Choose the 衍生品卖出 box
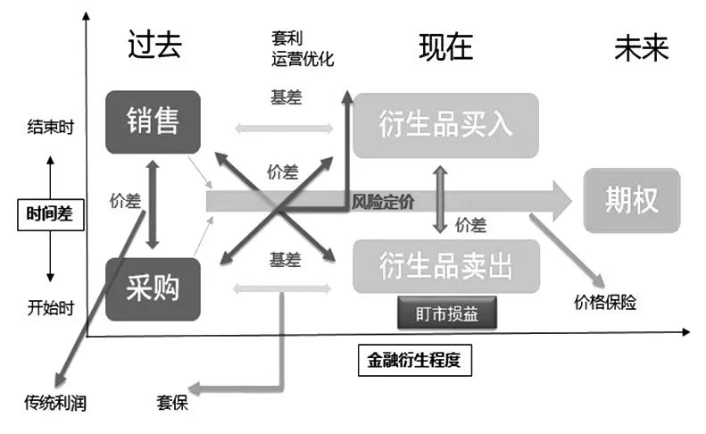click(x=446, y=265)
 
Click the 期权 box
click(x=632, y=200)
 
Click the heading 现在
click(x=445, y=46)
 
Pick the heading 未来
click(x=641, y=46)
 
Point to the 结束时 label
click(x=50, y=127)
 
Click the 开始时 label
click(x=50, y=309)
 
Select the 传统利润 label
click(x=55, y=403)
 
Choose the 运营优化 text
click(x=303, y=60)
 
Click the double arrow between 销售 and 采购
click(x=153, y=204)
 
